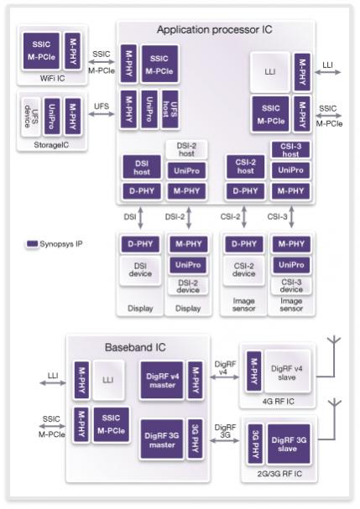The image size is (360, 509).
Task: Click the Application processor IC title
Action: [x=215, y=30]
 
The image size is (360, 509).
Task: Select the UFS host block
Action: [x=170, y=109]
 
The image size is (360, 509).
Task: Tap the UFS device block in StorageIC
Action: [x=31, y=117]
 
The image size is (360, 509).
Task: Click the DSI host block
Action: [x=142, y=167]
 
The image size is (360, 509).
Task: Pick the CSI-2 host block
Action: [x=245, y=167]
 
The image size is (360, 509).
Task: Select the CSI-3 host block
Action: [x=290, y=149]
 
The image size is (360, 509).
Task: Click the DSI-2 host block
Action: [x=186, y=149]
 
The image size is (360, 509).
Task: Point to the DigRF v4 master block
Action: [x=162, y=381]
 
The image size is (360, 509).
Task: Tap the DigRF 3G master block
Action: [x=162, y=439]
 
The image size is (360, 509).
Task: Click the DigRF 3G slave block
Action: [x=289, y=444]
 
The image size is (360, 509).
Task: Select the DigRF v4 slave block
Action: [x=287, y=372]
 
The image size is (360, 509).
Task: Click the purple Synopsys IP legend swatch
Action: [x=32, y=244]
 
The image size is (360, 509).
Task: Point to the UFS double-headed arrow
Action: [x=102, y=114]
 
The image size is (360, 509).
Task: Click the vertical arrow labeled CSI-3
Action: [x=291, y=217]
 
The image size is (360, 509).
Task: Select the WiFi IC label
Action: [x=52, y=78]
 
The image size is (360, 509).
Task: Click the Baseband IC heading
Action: [x=135, y=347]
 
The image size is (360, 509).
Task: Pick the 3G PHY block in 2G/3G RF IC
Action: [x=256, y=444]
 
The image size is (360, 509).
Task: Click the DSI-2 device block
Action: [x=188, y=286]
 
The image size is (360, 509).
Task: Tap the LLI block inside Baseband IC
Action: [x=108, y=380]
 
